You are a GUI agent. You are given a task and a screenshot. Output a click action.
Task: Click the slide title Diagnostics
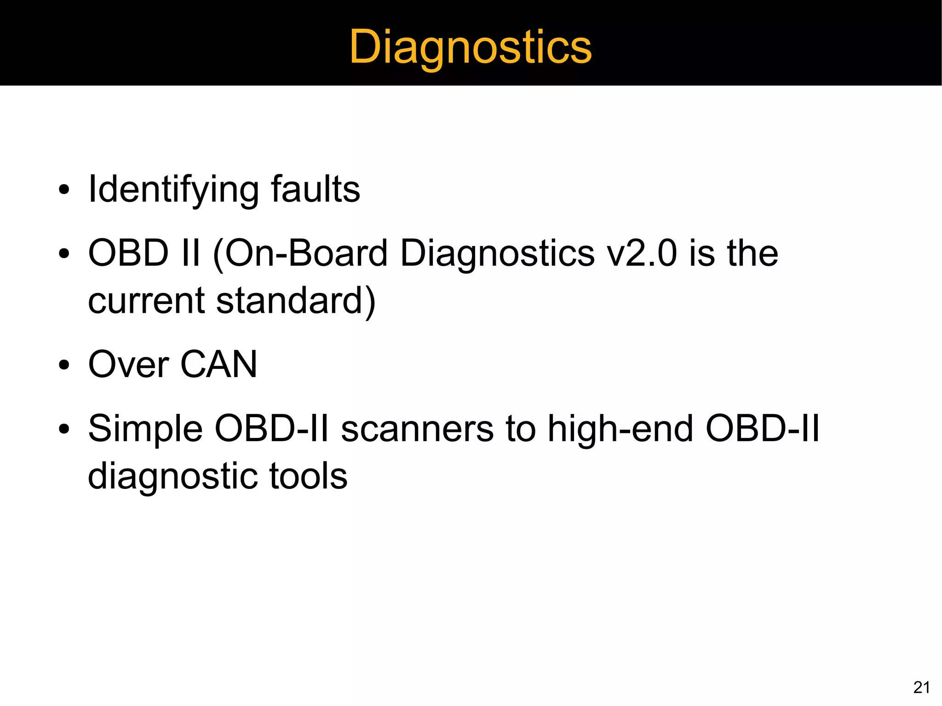coord(470,47)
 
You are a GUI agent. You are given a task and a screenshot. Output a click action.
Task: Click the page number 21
coord(922,688)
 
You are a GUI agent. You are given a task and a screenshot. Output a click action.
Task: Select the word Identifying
coord(172,189)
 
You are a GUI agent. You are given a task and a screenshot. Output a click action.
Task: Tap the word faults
coord(315,189)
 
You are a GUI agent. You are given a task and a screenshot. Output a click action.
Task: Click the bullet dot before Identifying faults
coord(64,190)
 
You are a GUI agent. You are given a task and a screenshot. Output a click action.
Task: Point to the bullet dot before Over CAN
coord(64,366)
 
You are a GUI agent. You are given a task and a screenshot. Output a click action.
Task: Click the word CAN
coord(218,365)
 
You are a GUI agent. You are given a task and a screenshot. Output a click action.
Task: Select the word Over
coord(129,365)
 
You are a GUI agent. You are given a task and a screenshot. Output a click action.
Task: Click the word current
coord(146,301)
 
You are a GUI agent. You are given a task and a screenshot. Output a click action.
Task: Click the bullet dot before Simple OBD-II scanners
coord(64,430)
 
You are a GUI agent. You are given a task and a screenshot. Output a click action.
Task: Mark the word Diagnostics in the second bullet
coord(497,254)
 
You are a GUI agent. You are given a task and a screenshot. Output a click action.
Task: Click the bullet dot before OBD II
coord(64,254)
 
